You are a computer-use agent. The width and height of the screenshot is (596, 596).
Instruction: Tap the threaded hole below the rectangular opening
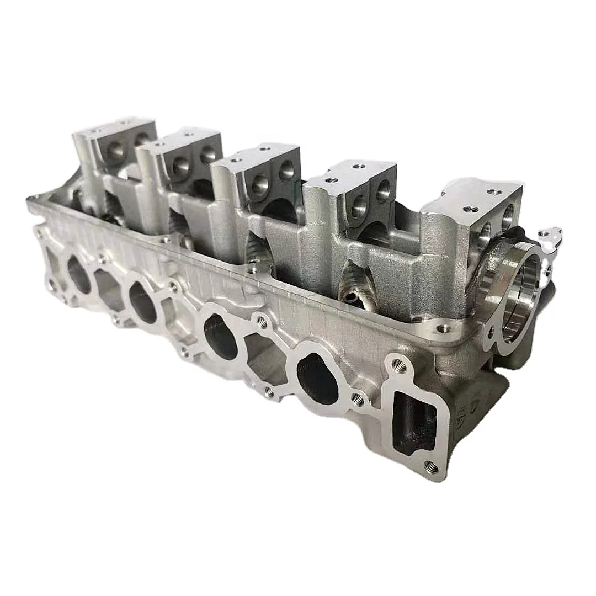432,468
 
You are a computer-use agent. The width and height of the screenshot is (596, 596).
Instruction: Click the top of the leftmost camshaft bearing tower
114,127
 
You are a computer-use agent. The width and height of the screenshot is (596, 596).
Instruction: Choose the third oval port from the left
221,336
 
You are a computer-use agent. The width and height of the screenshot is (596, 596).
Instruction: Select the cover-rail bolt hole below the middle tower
252,270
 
